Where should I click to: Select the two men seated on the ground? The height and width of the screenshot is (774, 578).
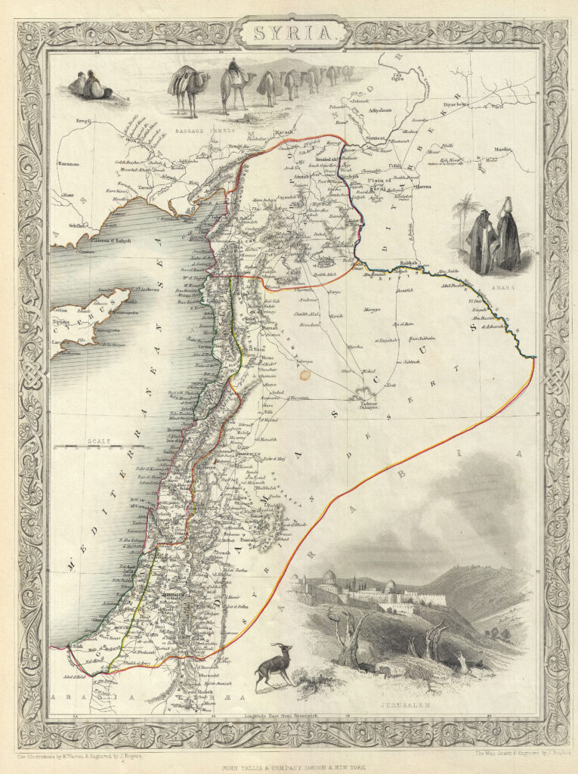90,86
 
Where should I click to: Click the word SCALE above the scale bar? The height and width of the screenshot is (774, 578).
99,440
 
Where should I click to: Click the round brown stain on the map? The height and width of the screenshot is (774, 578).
305,373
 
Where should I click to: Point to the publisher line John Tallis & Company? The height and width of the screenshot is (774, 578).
289,766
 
